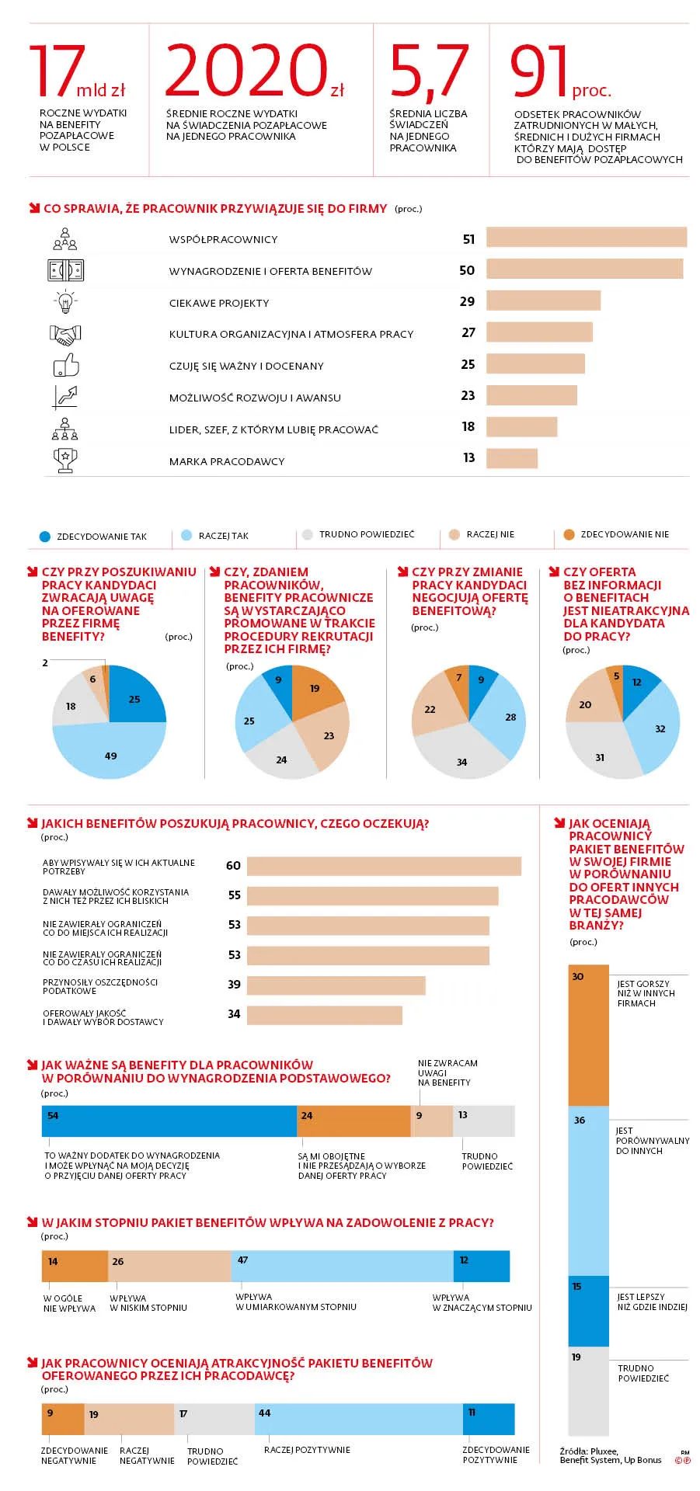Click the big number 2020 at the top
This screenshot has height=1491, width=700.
pyautogui.click(x=247, y=70)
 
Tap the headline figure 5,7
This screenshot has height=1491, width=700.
pyautogui.click(x=429, y=71)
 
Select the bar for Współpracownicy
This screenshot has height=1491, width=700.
pyautogui.click(x=587, y=237)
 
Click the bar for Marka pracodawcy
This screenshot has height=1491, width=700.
pyautogui.click(x=512, y=458)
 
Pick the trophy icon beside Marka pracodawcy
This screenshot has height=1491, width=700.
pyautogui.click(x=65, y=460)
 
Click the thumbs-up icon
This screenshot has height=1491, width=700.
pyautogui.click(x=66, y=365)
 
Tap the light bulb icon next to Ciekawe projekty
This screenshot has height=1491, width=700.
pyautogui.click(x=65, y=301)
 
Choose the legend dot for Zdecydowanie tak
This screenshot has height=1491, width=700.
pyautogui.click(x=44, y=537)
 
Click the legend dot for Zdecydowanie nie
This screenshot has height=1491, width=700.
pyautogui.click(x=569, y=534)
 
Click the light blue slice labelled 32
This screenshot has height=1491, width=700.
pyautogui.click(x=656, y=726)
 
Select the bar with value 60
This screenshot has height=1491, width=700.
pyautogui.click(x=384, y=866)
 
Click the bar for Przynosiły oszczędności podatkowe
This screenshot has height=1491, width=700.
pyautogui.click(x=336, y=985)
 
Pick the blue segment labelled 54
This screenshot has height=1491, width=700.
pyautogui.click(x=169, y=1121)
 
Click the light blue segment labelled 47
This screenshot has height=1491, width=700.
pyautogui.click(x=342, y=1266)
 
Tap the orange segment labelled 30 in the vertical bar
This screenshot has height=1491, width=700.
pyautogui.click(x=589, y=1035)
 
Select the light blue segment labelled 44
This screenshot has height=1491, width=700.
pyautogui.click(x=359, y=1419)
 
